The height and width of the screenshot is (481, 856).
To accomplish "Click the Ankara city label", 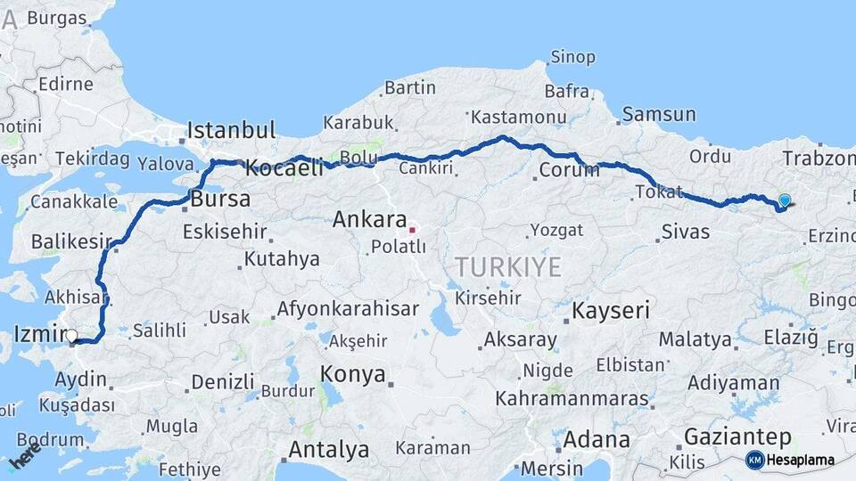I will click(369, 219).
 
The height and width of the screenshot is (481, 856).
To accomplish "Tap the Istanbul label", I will click(231, 129).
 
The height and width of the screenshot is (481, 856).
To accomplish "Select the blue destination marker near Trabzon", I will click(784, 201).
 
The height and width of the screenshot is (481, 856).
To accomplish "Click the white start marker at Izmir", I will click(71, 336).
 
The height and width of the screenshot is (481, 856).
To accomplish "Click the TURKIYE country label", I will click(508, 266).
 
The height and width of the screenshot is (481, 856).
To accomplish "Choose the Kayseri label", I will click(611, 311).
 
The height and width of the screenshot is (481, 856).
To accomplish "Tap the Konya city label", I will click(353, 373).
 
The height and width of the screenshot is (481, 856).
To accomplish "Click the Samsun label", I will click(659, 114).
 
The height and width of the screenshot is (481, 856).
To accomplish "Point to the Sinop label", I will click(572, 57).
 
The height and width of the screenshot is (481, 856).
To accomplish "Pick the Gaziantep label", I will click(737, 437).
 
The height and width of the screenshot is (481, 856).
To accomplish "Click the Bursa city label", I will click(221, 198).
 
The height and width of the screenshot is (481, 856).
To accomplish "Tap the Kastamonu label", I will click(518, 117).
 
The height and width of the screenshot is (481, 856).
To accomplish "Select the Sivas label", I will click(686, 232).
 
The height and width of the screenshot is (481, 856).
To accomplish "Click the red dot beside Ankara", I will click(412, 230).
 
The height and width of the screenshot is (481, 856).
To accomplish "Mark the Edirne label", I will click(65, 84).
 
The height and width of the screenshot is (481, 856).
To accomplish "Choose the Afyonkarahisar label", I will click(348, 309).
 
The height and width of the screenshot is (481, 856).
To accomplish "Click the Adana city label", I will click(596, 440).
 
